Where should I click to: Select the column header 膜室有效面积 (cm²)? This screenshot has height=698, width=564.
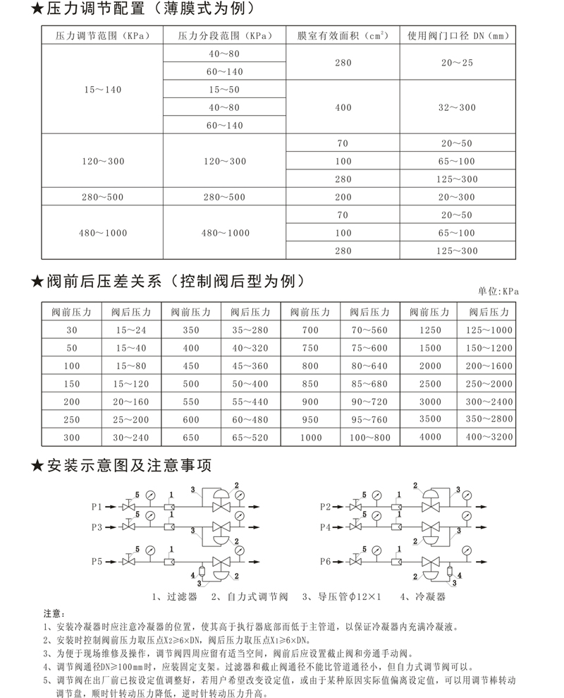coord(343,35)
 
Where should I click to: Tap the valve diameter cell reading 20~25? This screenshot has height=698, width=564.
coord(457,63)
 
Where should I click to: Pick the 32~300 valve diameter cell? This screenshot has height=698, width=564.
coord(457,107)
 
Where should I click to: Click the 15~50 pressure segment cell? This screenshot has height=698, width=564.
coord(225,90)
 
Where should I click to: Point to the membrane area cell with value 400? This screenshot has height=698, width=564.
coord(343,107)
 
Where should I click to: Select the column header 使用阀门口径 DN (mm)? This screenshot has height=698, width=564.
coord(457,35)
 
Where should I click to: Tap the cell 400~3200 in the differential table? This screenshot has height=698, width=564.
coord(489,437)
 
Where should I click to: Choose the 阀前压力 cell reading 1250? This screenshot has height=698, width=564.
coord(429,330)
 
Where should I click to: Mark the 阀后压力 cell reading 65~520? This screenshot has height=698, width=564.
coord(251,437)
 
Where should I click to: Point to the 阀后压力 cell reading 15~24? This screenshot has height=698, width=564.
coord(131,330)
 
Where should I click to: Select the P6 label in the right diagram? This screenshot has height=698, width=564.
coord(325,561)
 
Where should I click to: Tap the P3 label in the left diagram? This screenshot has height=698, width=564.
coord(97,526)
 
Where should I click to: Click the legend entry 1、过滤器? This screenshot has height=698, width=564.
coord(174,596)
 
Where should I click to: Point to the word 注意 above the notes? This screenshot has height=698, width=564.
coord(54,612)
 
